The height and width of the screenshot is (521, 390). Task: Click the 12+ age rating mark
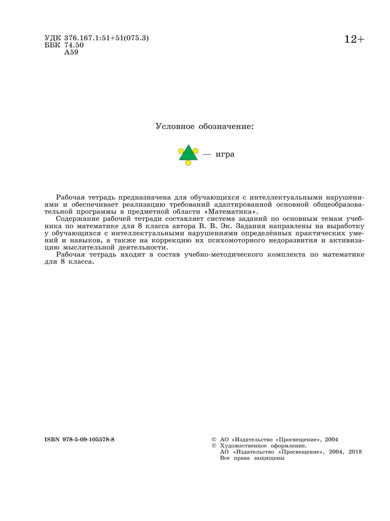pos(354,40)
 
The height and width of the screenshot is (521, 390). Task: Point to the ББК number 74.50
pos(74,45)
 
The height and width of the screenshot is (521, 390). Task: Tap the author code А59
pos(71,52)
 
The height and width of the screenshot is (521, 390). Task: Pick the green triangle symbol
pos(188,153)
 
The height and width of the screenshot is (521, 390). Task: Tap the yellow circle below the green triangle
pos(188,163)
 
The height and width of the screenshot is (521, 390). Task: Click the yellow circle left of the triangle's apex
pos(181,151)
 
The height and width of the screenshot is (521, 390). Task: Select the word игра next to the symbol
pos(225,154)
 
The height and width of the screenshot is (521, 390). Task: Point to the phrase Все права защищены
pos(252,458)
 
